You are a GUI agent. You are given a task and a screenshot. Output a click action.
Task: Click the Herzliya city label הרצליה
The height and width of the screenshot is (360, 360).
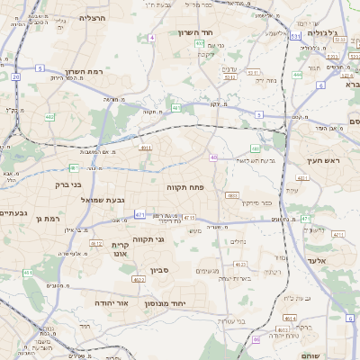coord(93,17)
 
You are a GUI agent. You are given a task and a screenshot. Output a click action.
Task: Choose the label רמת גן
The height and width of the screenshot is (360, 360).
coord(49,218)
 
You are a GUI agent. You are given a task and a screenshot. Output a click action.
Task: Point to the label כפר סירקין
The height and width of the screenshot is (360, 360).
coord(256,202)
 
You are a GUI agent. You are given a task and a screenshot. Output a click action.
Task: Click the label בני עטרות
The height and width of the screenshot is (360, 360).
coord(233,320)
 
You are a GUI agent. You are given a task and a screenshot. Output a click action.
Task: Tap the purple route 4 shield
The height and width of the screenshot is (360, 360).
coord(152,38)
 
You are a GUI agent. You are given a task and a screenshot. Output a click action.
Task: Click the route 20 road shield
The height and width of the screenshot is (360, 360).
coord(16,77)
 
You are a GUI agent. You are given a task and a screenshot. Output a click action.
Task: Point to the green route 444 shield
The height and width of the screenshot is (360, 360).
coord(297,75)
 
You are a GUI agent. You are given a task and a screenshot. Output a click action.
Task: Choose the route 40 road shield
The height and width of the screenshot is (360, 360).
coord(213,157)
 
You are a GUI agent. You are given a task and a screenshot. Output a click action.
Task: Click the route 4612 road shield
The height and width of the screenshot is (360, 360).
coord(240,265)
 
